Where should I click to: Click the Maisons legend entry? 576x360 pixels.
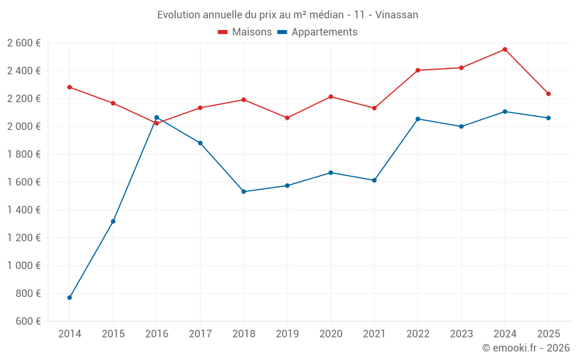pos(245,32)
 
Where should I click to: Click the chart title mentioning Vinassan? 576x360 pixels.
pos(288,14)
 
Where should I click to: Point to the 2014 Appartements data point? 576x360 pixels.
pos(70,298)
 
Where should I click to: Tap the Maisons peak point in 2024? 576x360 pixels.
pos(505,50)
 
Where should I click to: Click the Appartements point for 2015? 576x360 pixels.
pos(113,221)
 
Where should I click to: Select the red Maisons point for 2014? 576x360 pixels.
pos(70,87)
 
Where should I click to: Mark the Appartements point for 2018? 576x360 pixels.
pos(244,191)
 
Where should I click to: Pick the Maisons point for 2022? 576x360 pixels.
pos(418,70)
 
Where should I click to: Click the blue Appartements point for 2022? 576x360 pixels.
pos(418,119)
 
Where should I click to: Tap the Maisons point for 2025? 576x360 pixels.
pos(548,94)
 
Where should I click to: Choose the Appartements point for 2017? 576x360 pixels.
pos(200,143)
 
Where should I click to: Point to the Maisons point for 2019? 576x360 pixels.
pos(287,118)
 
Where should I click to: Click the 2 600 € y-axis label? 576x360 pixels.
pos(24,43)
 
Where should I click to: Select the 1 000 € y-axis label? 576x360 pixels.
pos(24,266)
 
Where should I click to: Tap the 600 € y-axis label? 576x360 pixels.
pos(28,321)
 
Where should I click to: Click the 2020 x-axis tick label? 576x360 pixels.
pos(331,334)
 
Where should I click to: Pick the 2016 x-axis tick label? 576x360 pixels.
pos(157,334)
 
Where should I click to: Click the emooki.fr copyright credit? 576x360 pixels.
pos(526,348)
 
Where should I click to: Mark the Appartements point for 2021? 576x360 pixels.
pos(374,180)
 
